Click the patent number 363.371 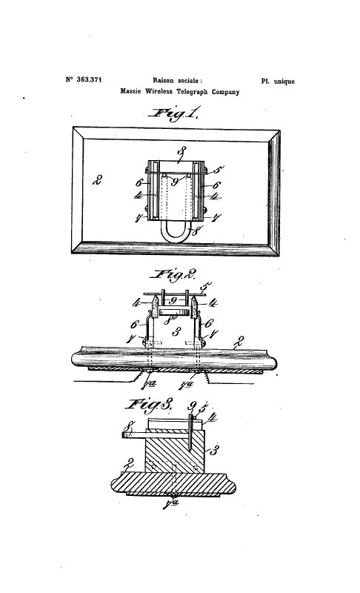point(89,79)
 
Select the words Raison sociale point(176,80)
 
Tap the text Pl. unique point(278,82)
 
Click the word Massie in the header point(130,91)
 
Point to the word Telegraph point(193,91)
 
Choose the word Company point(225,92)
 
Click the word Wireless point(159,91)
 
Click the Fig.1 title point(173,114)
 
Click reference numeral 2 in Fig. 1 point(98,180)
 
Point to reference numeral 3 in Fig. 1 point(182,153)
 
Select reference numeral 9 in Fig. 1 point(174,182)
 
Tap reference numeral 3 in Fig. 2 point(176,331)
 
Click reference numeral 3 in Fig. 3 point(214,450)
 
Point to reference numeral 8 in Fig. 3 point(129,428)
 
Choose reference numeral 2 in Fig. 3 point(130,463)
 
